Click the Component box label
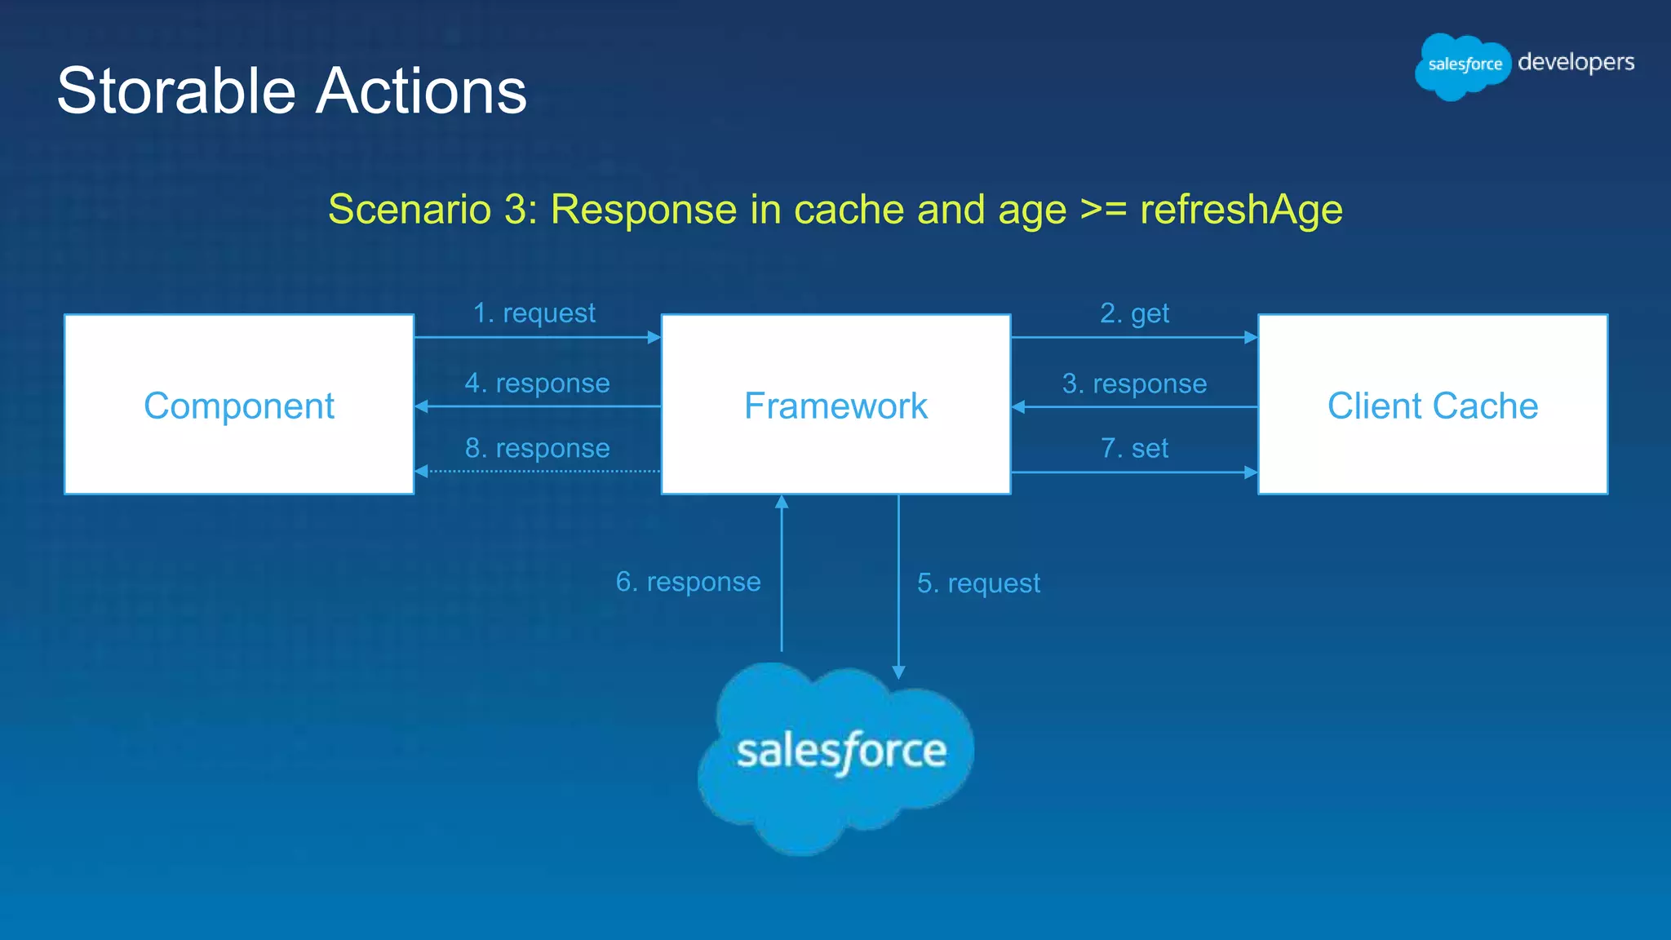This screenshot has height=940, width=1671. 239,406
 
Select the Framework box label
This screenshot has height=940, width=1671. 835,406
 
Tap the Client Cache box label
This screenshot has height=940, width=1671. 1433,406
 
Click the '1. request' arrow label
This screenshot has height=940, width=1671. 534,313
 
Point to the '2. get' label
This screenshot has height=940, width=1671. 1134,313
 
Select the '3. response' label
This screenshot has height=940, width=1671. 1134,384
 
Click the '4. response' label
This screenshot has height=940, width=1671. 537,384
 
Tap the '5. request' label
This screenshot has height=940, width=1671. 978,583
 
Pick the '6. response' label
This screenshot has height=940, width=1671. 688,582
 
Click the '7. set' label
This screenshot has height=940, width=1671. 1134,449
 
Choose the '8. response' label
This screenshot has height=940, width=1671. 537,449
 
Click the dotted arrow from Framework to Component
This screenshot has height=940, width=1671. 539,472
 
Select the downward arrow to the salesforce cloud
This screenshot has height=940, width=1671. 898,587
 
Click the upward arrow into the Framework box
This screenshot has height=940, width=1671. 782,571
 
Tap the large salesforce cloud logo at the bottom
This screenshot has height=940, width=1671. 835,755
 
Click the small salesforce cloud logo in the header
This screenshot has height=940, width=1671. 1464,65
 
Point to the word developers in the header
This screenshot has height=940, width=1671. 1576,63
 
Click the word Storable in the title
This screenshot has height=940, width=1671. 175,91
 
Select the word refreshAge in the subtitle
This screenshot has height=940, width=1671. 1241,210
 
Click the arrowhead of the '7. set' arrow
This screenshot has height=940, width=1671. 1251,472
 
